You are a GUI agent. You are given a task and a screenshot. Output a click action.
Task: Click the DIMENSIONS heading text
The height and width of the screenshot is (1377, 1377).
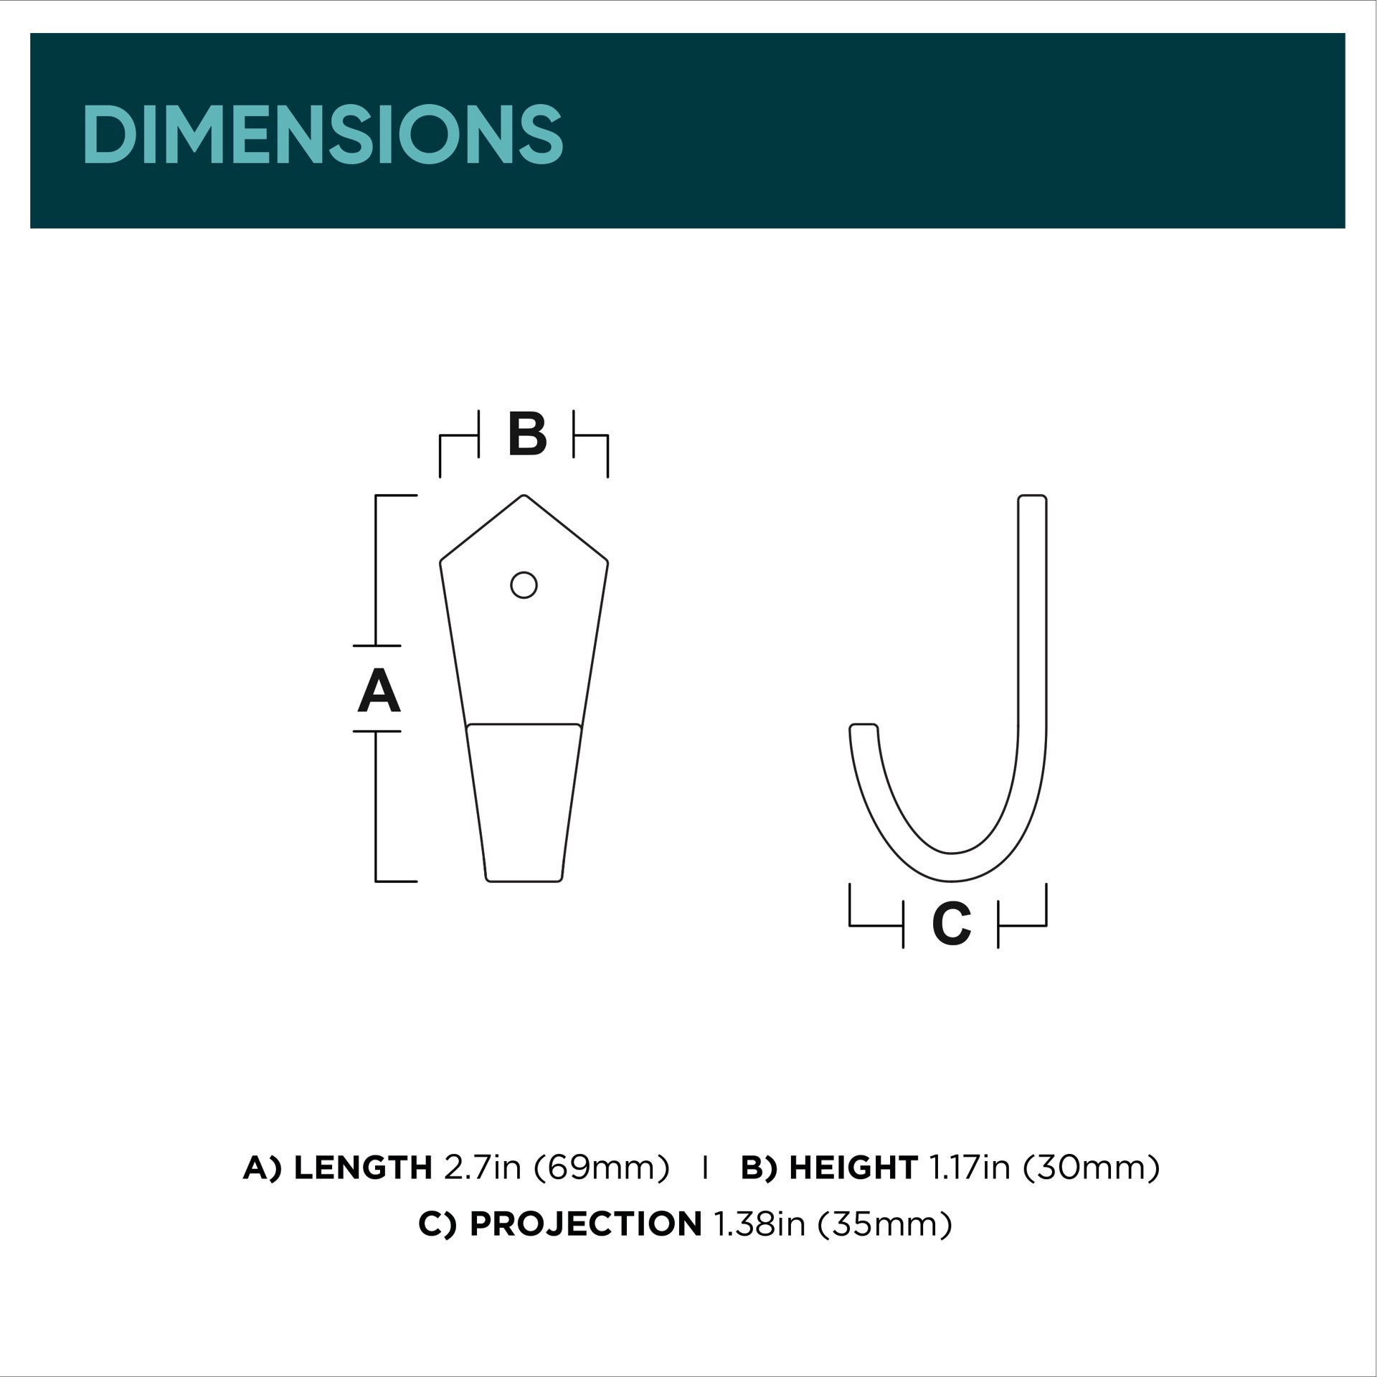tap(323, 134)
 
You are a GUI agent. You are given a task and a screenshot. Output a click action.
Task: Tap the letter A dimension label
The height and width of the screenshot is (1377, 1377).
tap(379, 690)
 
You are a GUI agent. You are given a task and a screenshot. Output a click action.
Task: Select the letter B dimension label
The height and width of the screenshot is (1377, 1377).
tap(527, 434)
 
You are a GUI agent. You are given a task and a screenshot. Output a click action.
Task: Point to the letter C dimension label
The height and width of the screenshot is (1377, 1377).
tap(951, 924)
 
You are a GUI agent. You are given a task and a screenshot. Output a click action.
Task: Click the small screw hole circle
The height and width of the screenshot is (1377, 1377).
tap(524, 585)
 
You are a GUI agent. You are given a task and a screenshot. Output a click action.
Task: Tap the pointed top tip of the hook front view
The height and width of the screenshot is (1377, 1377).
tap(524, 497)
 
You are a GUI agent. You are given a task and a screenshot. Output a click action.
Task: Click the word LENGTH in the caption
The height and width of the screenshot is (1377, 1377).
tap(362, 1168)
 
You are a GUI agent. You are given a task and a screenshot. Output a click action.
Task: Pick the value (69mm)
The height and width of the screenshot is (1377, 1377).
tap(601, 1168)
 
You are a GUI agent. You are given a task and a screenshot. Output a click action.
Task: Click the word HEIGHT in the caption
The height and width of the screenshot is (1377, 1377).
tap(853, 1168)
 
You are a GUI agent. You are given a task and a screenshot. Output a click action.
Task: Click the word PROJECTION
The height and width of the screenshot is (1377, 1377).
tap(585, 1224)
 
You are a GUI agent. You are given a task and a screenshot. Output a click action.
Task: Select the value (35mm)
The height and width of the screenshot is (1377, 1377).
tap(884, 1224)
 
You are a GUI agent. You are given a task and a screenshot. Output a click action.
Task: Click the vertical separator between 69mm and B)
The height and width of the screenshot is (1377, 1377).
tap(706, 1168)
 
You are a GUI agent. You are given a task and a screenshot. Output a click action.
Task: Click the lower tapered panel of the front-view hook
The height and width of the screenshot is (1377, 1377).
tap(524, 803)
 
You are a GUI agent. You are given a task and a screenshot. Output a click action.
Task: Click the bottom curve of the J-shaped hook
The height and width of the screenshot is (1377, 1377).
tap(951, 867)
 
